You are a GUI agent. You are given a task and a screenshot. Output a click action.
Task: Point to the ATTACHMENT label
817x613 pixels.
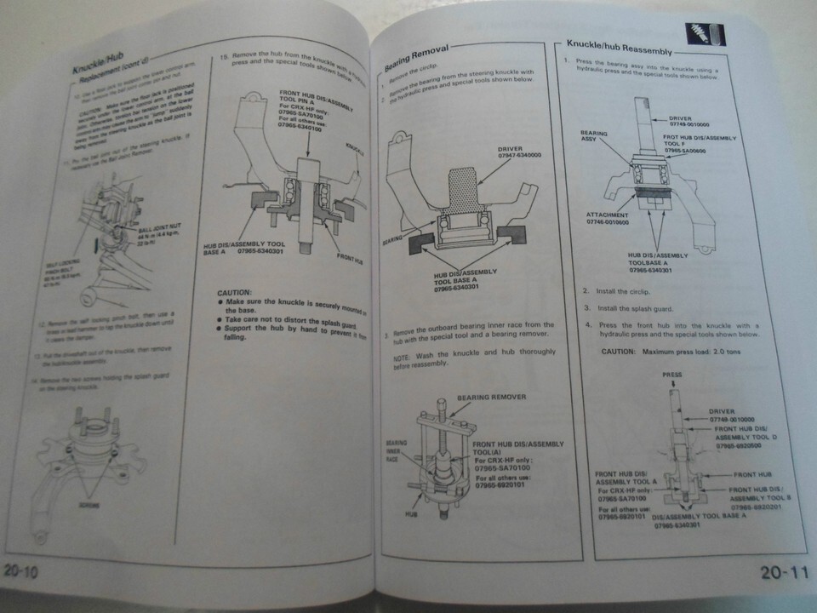coord(607,215)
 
